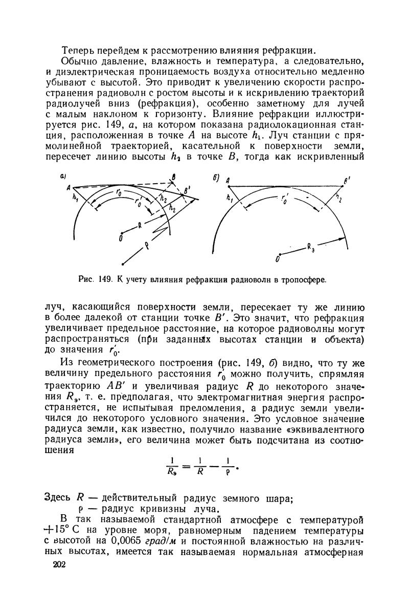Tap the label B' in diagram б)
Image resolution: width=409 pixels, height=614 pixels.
click(x=348, y=180)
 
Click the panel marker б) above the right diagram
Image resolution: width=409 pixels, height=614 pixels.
click(x=216, y=178)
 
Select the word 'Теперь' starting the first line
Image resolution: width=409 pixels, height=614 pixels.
click(x=78, y=51)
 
